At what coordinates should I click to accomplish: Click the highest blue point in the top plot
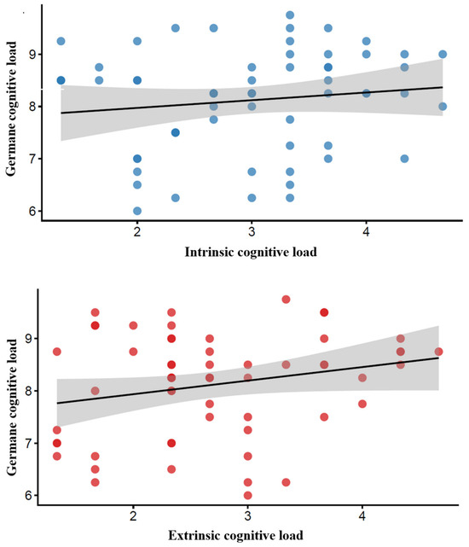click(x=290, y=15)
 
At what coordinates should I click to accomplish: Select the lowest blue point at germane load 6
click(x=137, y=211)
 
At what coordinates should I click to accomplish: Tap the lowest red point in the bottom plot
click(x=247, y=495)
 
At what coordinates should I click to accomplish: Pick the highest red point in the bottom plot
click(x=286, y=300)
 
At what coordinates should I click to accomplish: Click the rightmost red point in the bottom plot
click(x=438, y=352)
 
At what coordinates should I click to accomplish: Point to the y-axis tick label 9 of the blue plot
click(x=32, y=55)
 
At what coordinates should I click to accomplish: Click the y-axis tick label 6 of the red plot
click(x=29, y=496)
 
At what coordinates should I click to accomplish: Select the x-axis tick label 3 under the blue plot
click(x=252, y=231)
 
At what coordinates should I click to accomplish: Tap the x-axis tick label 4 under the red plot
click(x=362, y=515)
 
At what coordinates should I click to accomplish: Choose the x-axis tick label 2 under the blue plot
click(x=137, y=231)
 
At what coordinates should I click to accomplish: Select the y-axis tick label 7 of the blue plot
click(x=32, y=159)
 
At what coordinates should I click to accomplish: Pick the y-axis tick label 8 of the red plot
click(x=29, y=391)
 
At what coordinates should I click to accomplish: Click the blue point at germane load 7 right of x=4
click(x=404, y=159)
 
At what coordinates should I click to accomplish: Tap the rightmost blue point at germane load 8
click(x=443, y=107)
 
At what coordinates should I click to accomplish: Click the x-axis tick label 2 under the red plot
click(x=133, y=515)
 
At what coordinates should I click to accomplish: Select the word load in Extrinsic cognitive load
click(x=291, y=535)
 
